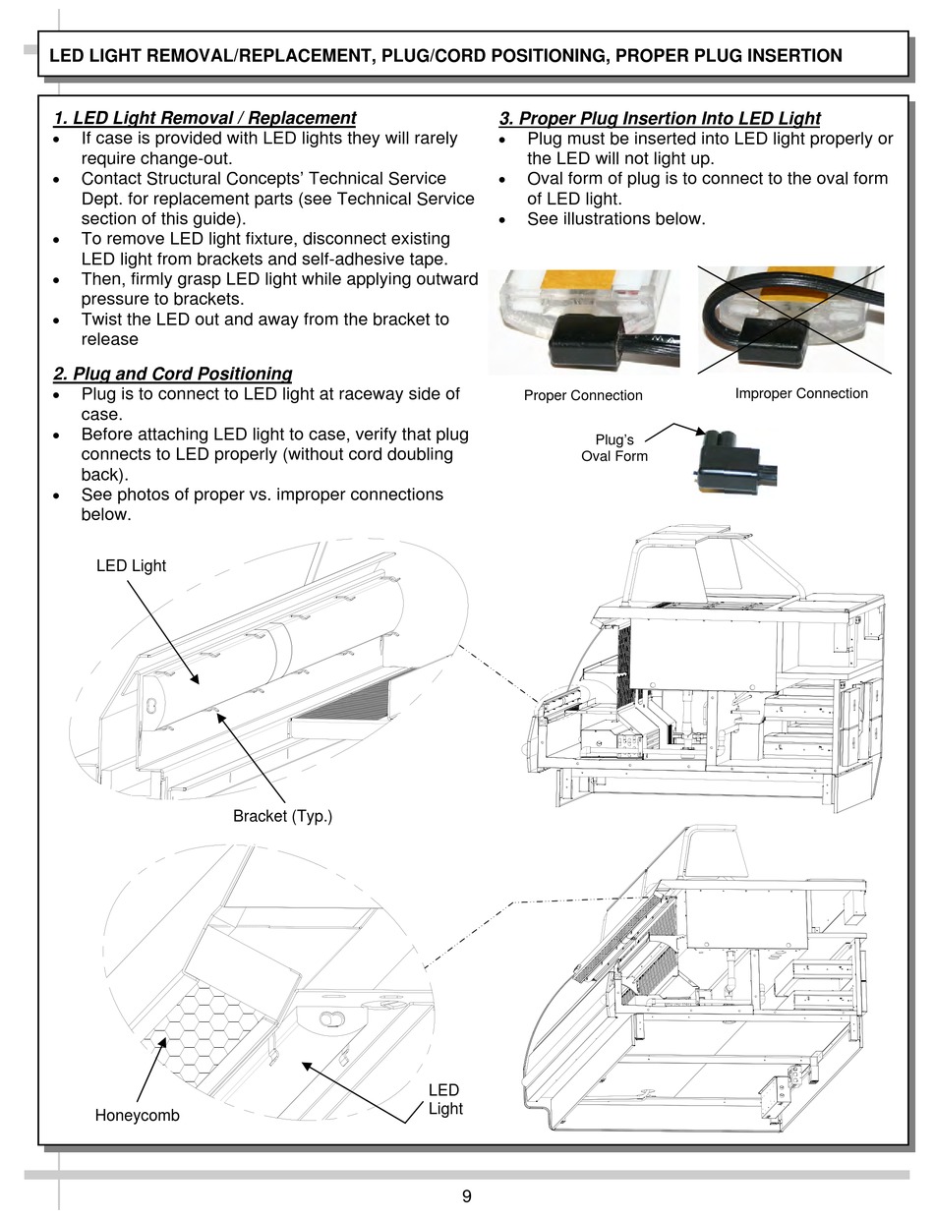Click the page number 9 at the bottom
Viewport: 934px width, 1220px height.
pos(466,1196)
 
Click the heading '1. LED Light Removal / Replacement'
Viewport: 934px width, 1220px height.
pos(204,118)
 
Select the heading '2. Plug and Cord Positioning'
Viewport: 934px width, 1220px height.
pos(173,374)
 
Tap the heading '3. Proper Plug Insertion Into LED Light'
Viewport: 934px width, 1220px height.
pos(660,118)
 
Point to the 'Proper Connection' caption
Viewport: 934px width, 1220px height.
pos(583,395)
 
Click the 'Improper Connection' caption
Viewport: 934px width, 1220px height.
pos(801,393)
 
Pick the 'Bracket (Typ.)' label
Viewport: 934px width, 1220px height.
pos(282,816)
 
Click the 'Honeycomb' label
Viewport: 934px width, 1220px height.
pos(137,1116)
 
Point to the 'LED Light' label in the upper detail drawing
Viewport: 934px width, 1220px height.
pos(131,565)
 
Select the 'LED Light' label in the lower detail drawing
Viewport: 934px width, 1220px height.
pos(444,1099)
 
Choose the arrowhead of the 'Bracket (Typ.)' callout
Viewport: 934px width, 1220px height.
pos(218,716)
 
